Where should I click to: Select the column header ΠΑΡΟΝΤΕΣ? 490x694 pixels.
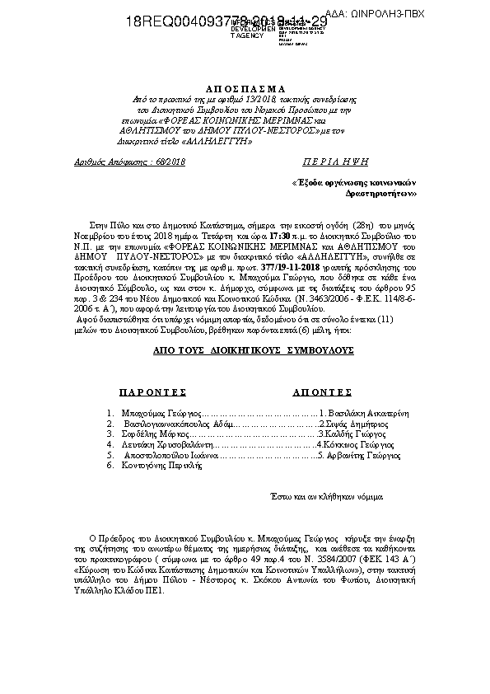tap(152, 392)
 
